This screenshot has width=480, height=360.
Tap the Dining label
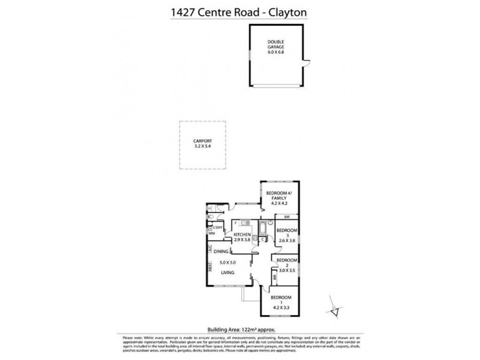pyautogui.click(x=221, y=251)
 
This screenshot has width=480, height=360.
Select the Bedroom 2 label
pyautogui.click(x=286, y=263)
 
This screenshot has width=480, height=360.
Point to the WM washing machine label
pyautogui.click(x=211, y=235)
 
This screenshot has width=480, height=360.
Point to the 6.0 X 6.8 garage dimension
pyautogui.click(x=277, y=53)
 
